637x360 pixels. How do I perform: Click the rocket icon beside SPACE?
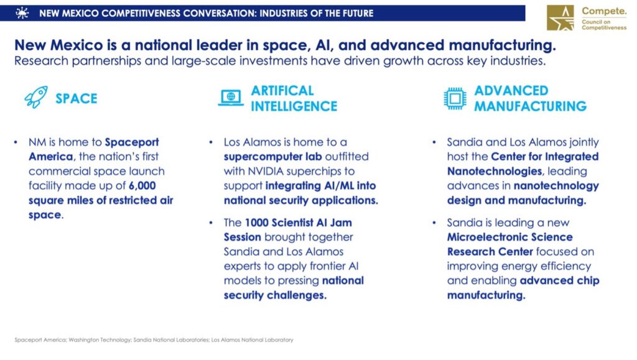(x=35, y=97)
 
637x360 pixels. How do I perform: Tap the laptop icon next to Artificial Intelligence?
(x=231, y=98)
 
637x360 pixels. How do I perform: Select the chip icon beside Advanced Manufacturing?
(x=455, y=98)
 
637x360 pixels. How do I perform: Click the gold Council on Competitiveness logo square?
(x=560, y=18)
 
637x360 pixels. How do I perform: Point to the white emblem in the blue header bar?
(x=22, y=13)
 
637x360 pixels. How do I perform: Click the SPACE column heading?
(x=77, y=99)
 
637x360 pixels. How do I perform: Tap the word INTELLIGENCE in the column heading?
(x=294, y=106)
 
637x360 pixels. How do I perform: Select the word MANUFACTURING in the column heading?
(x=530, y=106)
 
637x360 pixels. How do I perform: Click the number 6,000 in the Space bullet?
(x=142, y=186)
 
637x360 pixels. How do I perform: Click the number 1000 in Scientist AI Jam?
(x=257, y=223)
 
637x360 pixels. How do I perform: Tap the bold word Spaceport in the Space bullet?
(x=132, y=142)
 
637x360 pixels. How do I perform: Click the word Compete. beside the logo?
(x=604, y=11)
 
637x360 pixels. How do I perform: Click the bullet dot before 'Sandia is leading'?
(x=434, y=223)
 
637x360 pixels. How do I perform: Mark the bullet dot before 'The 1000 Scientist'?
(x=211, y=223)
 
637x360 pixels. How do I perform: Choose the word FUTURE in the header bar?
(x=358, y=14)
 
